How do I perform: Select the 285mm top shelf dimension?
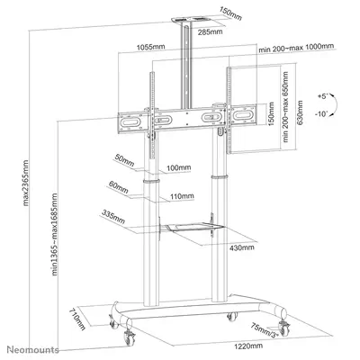click(210, 33)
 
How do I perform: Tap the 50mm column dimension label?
click(122, 161)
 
